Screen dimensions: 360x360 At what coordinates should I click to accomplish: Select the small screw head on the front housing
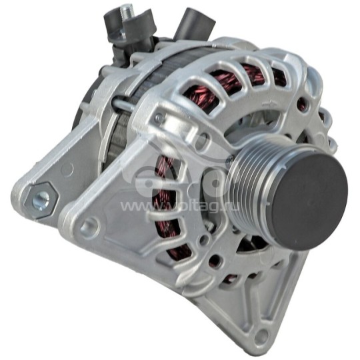click(158, 119)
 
